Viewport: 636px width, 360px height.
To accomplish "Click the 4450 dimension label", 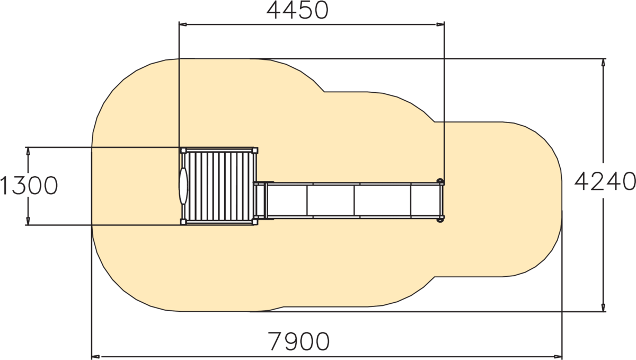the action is pyautogui.click(x=297, y=11).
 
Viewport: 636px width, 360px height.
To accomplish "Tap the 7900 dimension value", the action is pyautogui.click(x=299, y=341).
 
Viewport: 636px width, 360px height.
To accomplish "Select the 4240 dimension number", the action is pyautogui.click(x=605, y=181).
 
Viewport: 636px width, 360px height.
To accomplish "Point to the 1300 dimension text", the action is pyautogui.click(x=29, y=186).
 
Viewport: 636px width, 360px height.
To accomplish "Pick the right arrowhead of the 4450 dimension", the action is pyautogui.click(x=440, y=25).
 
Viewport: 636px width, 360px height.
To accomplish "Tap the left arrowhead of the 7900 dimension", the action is pyautogui.click(x=95, y=356).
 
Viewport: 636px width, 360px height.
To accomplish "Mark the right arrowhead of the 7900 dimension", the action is pyautogui.click(x=558, y=356).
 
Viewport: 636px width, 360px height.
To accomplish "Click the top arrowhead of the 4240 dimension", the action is pyautogui.click(x=603, y=63).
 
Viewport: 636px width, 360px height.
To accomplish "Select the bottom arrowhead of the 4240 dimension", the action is pyautogui.click(x=603, y=308).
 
